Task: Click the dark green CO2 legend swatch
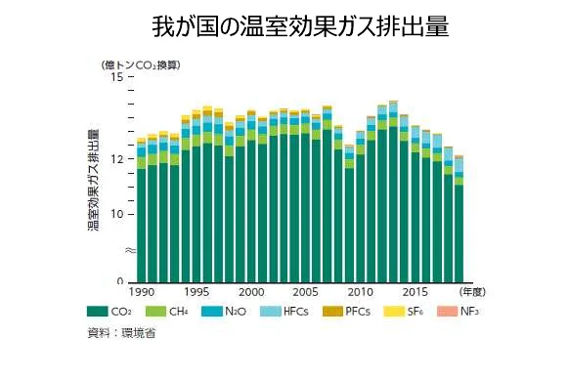coord(97,312)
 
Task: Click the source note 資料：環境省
coord(122,333)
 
